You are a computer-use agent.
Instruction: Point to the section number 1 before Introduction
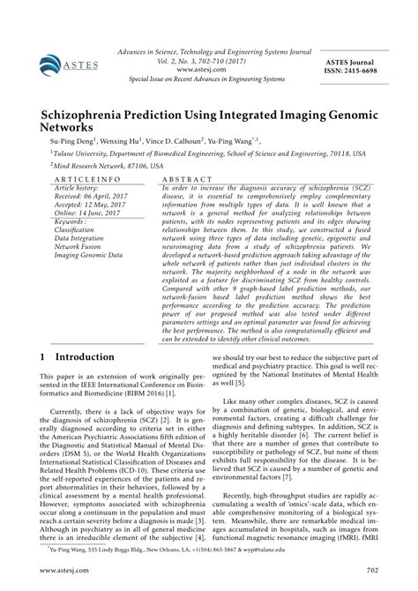tap(44, 357)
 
